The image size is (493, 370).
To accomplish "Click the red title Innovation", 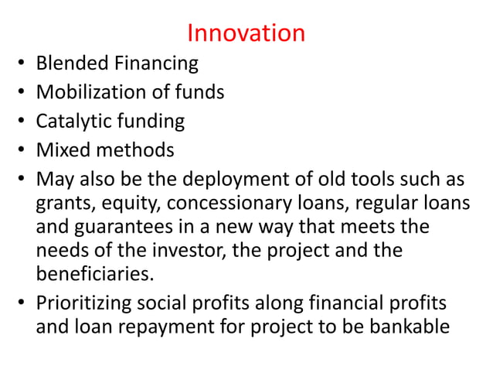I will coord(246,33).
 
